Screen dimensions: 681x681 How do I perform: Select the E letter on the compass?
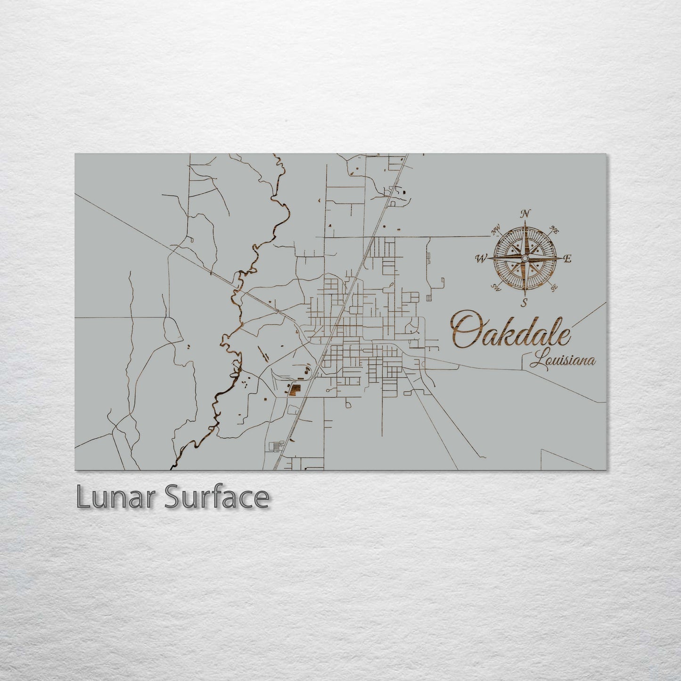click(568, 258)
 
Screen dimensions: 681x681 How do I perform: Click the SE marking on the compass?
click(554, 287)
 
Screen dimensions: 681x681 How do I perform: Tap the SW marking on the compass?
click(496, 287)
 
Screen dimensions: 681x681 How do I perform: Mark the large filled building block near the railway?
click(295, 390)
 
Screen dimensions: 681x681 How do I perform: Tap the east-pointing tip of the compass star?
click(561, 258)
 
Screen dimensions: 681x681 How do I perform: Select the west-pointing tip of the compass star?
click(489, 258)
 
